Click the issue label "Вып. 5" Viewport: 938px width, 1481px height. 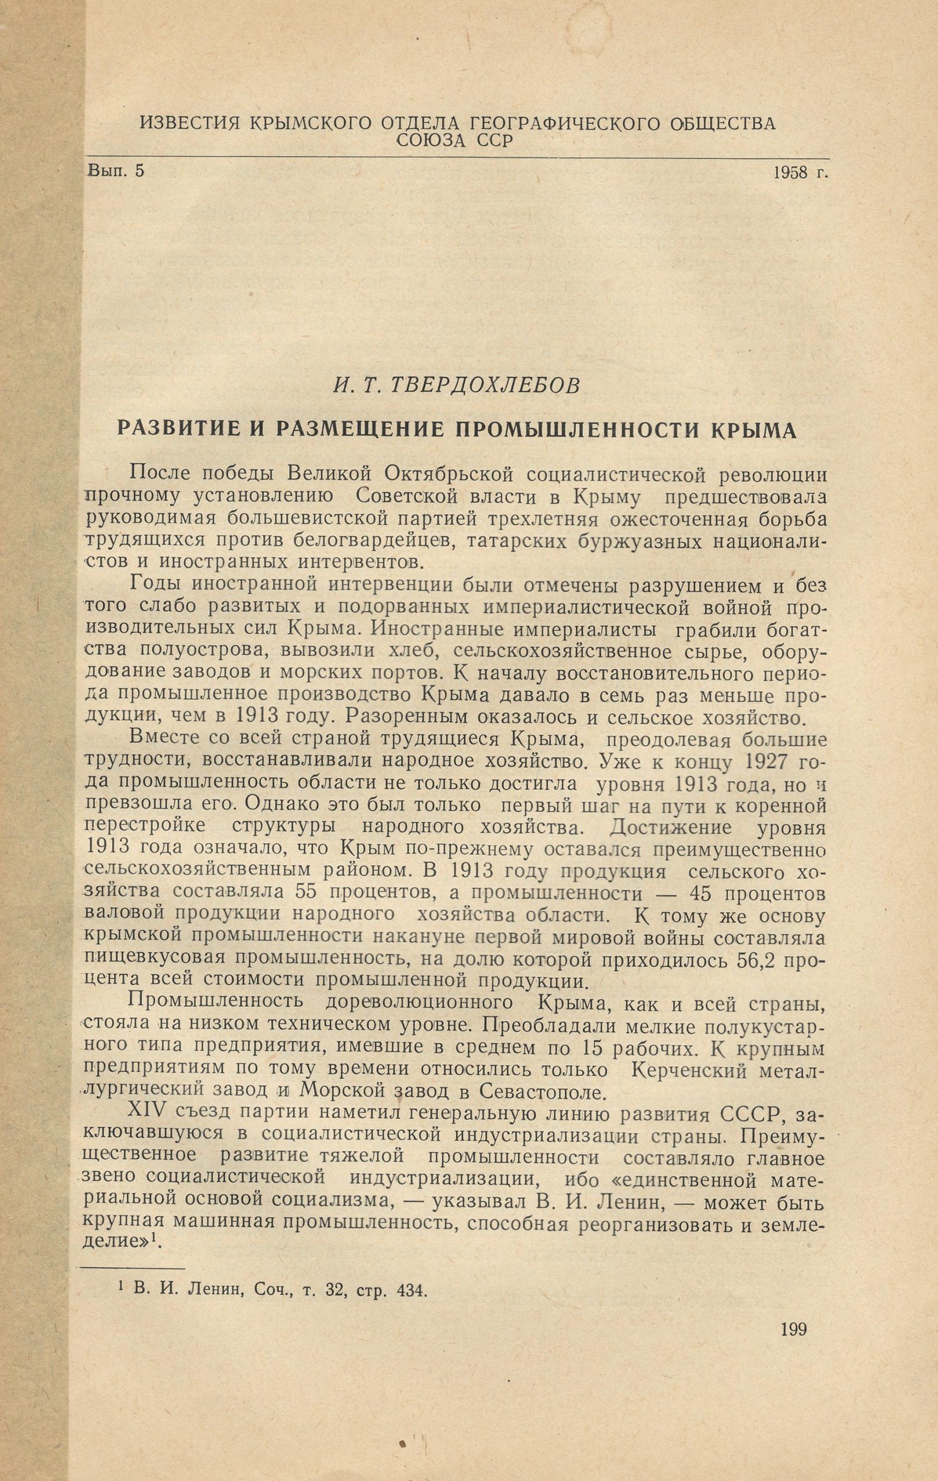pyautogui.click(x=116, y=171)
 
